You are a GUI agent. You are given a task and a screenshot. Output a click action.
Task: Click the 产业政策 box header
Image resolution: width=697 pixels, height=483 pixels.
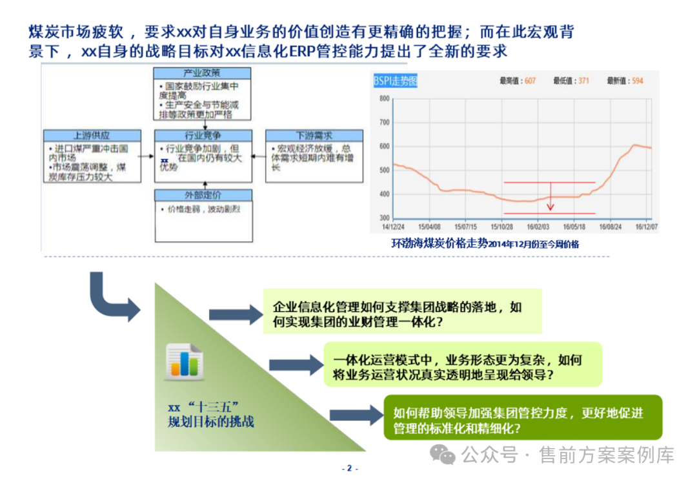[x=203, y=73]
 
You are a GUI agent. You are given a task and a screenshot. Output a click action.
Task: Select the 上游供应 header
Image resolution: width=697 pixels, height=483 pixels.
[x=92, y=136]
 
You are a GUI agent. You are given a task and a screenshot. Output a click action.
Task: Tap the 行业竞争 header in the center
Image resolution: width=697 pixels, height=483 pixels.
[x=203, y=136]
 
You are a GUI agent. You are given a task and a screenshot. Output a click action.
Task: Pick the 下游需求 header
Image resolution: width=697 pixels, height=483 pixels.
[x=314, y=136]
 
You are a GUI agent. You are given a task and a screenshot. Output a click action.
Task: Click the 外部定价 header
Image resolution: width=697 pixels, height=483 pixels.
[x=203, y=196]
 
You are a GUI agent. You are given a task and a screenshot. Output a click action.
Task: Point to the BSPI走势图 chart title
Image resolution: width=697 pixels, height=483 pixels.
[x=395, y=81]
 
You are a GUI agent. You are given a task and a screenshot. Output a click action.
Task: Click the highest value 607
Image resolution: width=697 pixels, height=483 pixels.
[x=530, y=81]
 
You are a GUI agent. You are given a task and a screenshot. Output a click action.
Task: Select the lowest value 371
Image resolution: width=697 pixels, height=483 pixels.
[x=583, y=81]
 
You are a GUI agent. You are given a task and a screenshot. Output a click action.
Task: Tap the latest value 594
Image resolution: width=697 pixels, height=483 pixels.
[x=638, y=81]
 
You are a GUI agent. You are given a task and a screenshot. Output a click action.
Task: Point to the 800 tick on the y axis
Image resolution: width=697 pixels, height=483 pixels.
[x=384, y=99]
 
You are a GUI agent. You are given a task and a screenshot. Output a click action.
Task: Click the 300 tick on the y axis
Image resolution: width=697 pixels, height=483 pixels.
[x=384, y=218]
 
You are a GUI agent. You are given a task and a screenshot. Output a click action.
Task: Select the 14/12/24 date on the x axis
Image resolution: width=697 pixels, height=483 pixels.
[x=393, y=227]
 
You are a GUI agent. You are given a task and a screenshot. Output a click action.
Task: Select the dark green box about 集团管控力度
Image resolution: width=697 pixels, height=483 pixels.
[x=523, y=417]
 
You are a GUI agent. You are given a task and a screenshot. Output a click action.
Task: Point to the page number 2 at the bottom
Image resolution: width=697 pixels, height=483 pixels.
[x=349, y=469]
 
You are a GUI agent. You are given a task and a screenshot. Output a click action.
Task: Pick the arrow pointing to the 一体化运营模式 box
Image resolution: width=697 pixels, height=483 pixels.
[x=295, y=365]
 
